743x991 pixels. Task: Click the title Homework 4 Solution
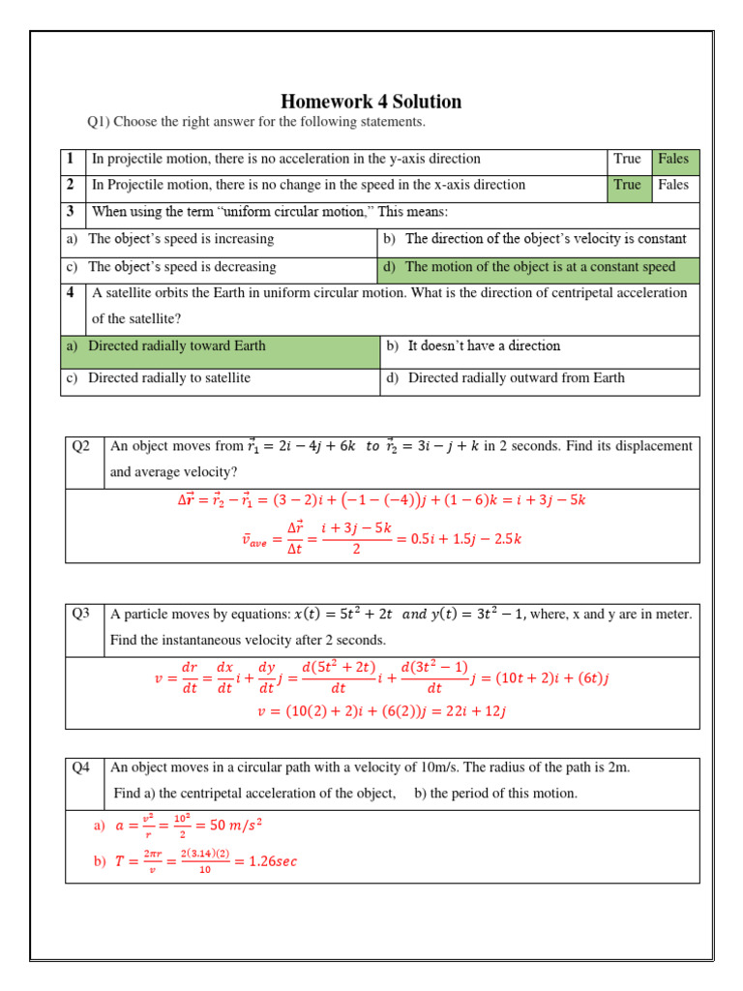click(x=371, y=102)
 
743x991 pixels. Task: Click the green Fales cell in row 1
click(x=674, y=160)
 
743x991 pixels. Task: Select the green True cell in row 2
click(x=628, y=186)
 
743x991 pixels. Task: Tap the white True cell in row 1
click(x=628, y=160)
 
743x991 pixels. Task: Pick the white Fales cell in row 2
click(x=674, y=186)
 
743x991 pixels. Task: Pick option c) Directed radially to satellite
click(x=169, y=378)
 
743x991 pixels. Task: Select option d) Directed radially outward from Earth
click(x=516, y=378)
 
